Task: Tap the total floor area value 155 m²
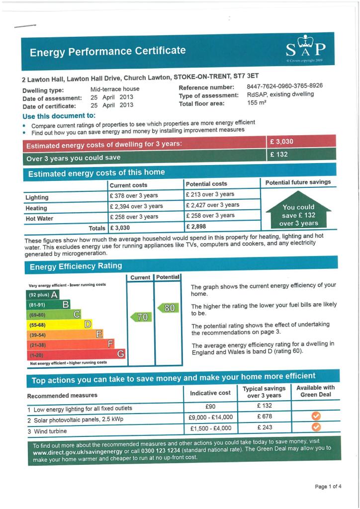point(258,103)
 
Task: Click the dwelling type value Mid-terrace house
point(115,89)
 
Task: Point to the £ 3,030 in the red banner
point(281,142)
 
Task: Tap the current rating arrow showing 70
point(140,317)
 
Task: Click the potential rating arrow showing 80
point(168,308)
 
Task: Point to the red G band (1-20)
point(75,355)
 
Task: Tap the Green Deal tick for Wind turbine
point(315,426)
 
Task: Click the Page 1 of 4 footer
point(328,486)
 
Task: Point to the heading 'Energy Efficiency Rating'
point(76,266)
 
